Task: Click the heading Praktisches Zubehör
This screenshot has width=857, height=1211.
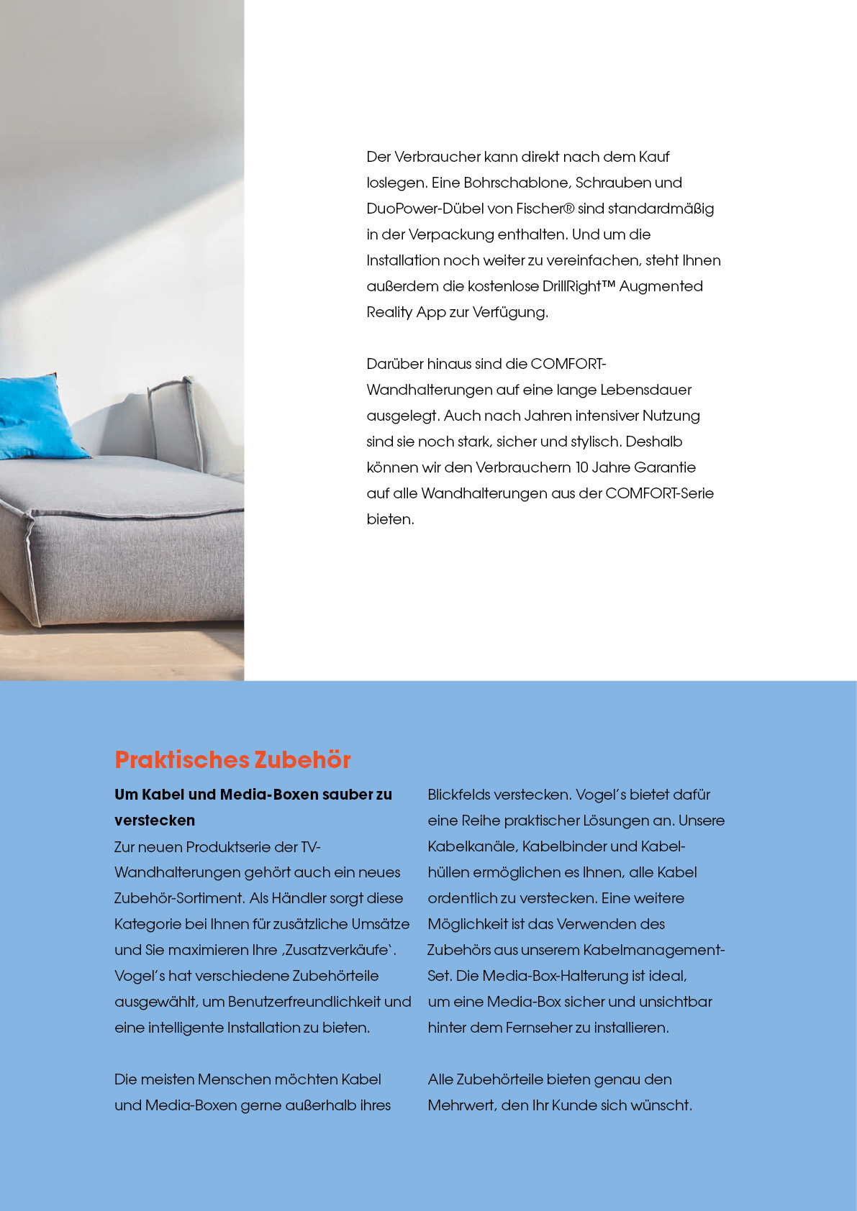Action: pyautogui.click(x=232, y=759)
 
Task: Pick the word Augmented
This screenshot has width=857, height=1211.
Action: pyautogui.click(x=661, y=286)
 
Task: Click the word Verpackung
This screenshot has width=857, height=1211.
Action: pyautogui.click(x=451, y=234)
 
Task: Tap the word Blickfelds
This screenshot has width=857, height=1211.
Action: pyautogui.click(x=461, y=795)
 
